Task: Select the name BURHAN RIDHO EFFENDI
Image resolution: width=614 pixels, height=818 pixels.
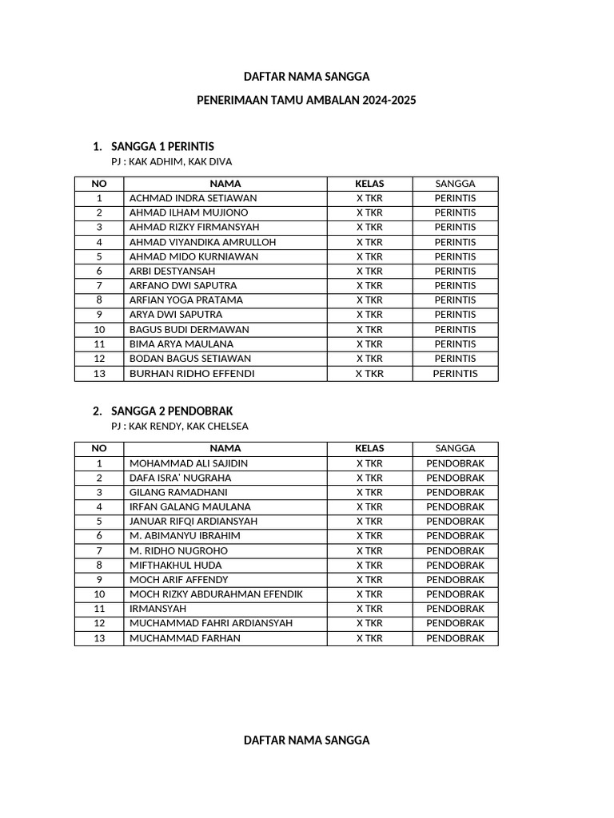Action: point(192,373)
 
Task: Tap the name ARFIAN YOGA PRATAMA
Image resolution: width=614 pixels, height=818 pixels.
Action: point(186,300)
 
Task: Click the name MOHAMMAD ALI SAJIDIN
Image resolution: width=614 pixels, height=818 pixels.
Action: point(189,463)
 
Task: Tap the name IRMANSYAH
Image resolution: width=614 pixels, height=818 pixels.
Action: point(157,609)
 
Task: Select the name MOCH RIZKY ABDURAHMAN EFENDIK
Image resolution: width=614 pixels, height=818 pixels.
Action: point(216,594)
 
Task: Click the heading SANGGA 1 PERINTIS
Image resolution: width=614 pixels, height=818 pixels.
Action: point(162,146)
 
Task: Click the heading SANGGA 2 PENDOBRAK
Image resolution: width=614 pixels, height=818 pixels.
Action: point(172,411)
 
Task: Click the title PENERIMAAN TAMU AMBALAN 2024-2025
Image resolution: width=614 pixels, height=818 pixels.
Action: point(307,101)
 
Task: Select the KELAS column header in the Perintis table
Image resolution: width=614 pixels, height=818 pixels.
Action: point(369,184)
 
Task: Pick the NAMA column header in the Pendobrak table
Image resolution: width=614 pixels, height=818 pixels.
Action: point(225,449)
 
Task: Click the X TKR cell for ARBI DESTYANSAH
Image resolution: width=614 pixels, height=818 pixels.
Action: point(369,271)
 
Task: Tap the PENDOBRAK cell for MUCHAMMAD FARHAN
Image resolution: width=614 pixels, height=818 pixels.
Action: point(455,638)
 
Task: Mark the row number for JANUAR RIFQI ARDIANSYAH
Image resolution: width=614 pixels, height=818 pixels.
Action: point(99,522)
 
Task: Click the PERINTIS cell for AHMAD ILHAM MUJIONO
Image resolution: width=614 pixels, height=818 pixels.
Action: point(455,212)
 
